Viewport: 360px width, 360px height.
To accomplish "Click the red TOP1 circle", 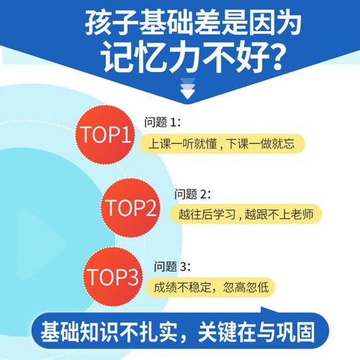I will pos(105,135).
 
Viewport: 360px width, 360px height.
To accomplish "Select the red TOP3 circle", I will pos(112,276).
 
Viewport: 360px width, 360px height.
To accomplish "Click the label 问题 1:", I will pos(162,121).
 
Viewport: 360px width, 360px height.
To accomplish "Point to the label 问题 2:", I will pos(192,194).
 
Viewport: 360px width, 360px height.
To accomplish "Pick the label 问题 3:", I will pos(168,265).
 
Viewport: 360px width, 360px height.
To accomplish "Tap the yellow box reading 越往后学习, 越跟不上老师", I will pos(246,214).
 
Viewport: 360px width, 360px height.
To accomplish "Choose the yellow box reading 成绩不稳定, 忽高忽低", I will pos(213,287).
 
